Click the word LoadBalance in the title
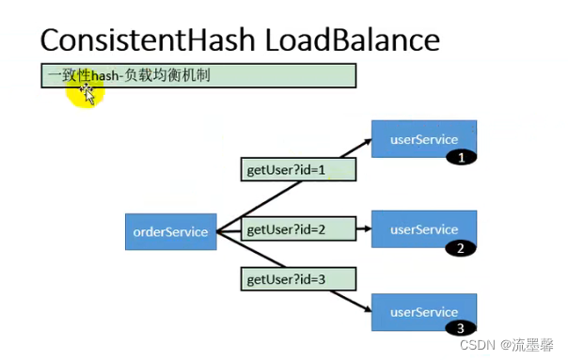[355, 40]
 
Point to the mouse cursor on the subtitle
[88, 93]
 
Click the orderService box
[170, 232]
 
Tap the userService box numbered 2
[424, 229]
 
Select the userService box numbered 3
[424, 311]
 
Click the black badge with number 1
[460, 159]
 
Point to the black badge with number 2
[460, 248]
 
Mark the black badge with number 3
[460, 329]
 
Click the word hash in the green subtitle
[104, 75]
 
